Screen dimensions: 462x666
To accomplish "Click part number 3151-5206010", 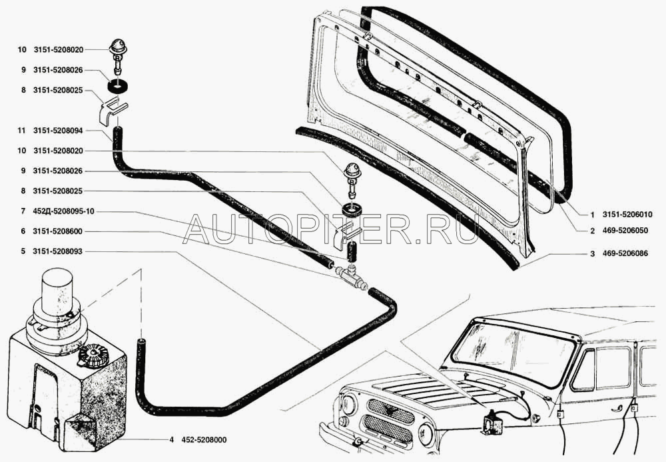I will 627,215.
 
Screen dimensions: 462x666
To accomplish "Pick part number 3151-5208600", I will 59,231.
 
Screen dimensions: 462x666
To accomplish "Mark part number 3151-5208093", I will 59,251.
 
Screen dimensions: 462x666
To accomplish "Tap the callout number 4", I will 171,440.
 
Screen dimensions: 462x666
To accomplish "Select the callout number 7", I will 23,211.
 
